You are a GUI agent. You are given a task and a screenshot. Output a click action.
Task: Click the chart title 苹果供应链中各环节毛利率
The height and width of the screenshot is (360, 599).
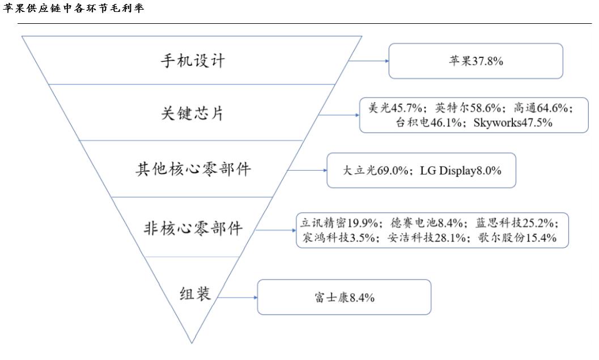(x=73, y=9)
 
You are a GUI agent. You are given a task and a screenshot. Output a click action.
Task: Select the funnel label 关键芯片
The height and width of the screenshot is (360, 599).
(x=192, y=113)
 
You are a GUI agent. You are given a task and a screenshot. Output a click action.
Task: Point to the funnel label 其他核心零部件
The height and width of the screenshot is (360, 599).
(x=193, y=169)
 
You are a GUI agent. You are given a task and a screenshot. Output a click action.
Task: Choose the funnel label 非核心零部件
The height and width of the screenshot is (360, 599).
(x=193, y=228)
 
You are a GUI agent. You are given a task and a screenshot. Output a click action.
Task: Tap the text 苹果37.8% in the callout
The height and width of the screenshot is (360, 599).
(x=475, y=61)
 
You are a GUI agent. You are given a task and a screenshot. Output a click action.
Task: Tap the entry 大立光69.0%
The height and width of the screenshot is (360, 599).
(x=375, y=170)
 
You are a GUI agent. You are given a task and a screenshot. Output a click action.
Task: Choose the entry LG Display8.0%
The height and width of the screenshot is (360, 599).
(x=460, y=170)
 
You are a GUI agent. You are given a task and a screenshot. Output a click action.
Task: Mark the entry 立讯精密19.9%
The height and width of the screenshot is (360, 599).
(x=339, y=223)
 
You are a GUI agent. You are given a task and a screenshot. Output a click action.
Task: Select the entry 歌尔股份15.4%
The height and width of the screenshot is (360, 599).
(x=515, y=238)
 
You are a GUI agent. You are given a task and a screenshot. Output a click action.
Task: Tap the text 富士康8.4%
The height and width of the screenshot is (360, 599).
(x=344, y=298)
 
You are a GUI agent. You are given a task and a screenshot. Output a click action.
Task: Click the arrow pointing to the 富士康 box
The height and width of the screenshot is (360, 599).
(x=237, y=297)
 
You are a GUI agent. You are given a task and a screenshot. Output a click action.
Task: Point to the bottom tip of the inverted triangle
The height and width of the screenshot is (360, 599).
(x=192, y=342)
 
